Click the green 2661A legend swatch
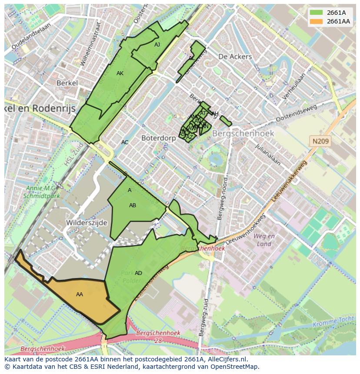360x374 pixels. pyautogui.click(x=317, y=13)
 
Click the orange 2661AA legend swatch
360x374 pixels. pyautogui.click(x=317, y=21)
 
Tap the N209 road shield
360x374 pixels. pyautogui.click(x=320, y=141)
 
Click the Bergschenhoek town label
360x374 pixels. pyautogui.click(x=243, y=133)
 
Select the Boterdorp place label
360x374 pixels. pyautogui.click(x=158, y=138)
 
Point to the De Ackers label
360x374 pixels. pyautogui.click(x=235, y=56)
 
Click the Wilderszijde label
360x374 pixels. pyautogui.click(x=87, y=222)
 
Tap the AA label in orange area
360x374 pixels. pyautogui.click(x=80, y=295)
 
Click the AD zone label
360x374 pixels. pyautogui.click(x=138, y=273)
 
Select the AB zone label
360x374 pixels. pyautogui.click(x=133, y=205)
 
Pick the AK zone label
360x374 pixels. pyautogui.click(x=120, y=73)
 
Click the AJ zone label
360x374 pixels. pyautogui.click(x=157, y=44)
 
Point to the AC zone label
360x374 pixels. pyautogui.click(x=125, y=142)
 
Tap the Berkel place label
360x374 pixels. pyautogui.click(x=67, y=83)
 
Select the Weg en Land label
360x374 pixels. pyautogui.click(x=264, y=240)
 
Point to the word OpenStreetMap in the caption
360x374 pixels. pyautogui.click(x=235, y=367)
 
